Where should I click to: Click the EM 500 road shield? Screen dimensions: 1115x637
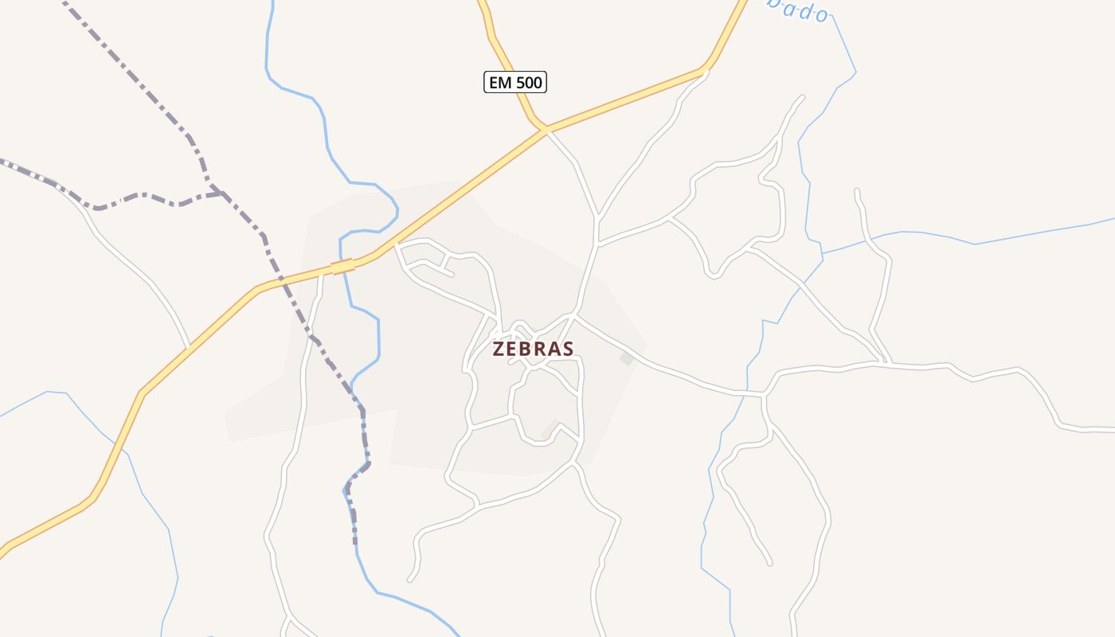point(515,82)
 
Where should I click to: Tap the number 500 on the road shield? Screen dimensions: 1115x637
point(527,82)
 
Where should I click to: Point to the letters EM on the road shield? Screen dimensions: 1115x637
point(499,82)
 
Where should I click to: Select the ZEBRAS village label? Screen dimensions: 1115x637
point(533,349)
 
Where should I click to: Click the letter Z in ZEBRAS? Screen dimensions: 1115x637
point(499,349)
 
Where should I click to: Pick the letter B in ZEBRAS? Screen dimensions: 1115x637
point(526,349)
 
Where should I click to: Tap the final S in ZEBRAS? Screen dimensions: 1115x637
point(568,349)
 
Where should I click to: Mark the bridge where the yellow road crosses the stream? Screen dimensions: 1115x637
point(342,267)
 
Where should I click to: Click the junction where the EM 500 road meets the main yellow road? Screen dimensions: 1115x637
point(545,128)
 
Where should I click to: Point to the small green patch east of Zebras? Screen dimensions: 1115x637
point(627,358)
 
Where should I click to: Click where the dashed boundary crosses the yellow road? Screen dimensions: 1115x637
point(280,281)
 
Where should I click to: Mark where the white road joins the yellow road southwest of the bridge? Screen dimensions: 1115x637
point(188,349)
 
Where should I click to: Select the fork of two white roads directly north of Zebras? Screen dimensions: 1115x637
point(597,218)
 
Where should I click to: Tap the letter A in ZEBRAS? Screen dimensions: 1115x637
point(554,349)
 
